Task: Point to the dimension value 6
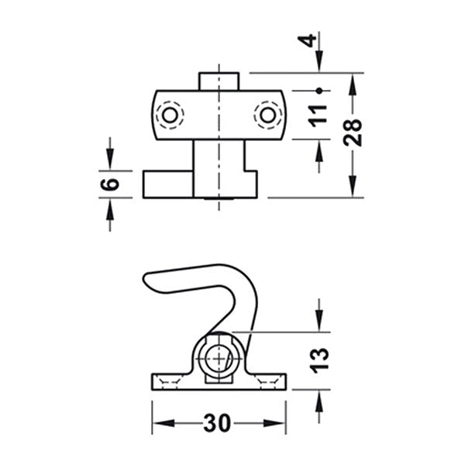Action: [111, 184]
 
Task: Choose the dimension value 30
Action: [218, 423]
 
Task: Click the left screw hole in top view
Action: [170, 115]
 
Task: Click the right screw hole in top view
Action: [268, 115]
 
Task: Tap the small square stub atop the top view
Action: [219, 81]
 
